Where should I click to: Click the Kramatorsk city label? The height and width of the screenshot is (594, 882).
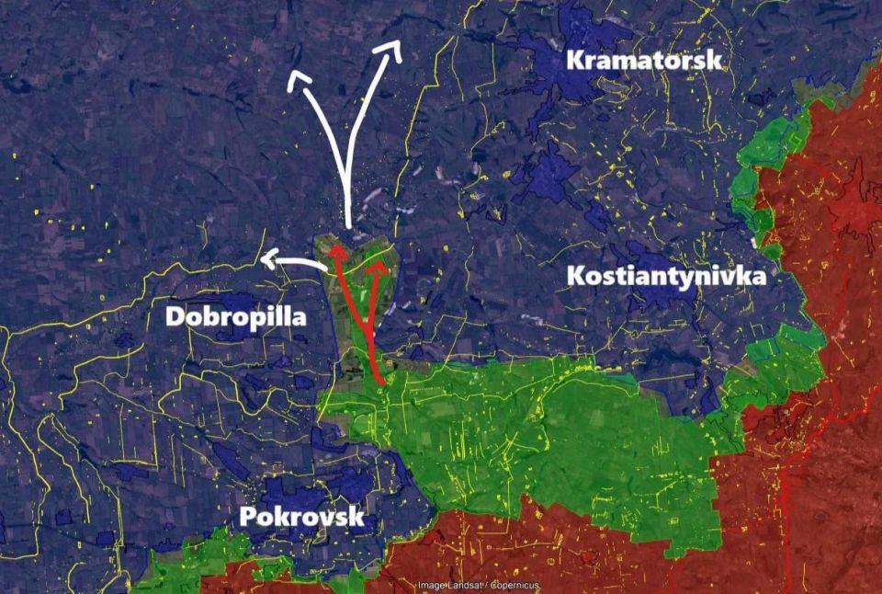click(644, 61)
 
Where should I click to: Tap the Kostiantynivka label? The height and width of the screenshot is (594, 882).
click(666, 275)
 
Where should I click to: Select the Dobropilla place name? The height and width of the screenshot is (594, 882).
click(236, 317)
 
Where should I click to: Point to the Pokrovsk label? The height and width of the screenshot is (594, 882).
click(302, 517)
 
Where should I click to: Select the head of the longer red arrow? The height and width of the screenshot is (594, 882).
click(337, 251)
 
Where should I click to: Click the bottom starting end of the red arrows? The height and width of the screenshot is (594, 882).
click(381, 379)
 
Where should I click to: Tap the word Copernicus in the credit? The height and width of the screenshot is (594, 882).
click(515, 586)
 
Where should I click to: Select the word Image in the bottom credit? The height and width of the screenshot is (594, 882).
click(432, 586)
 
